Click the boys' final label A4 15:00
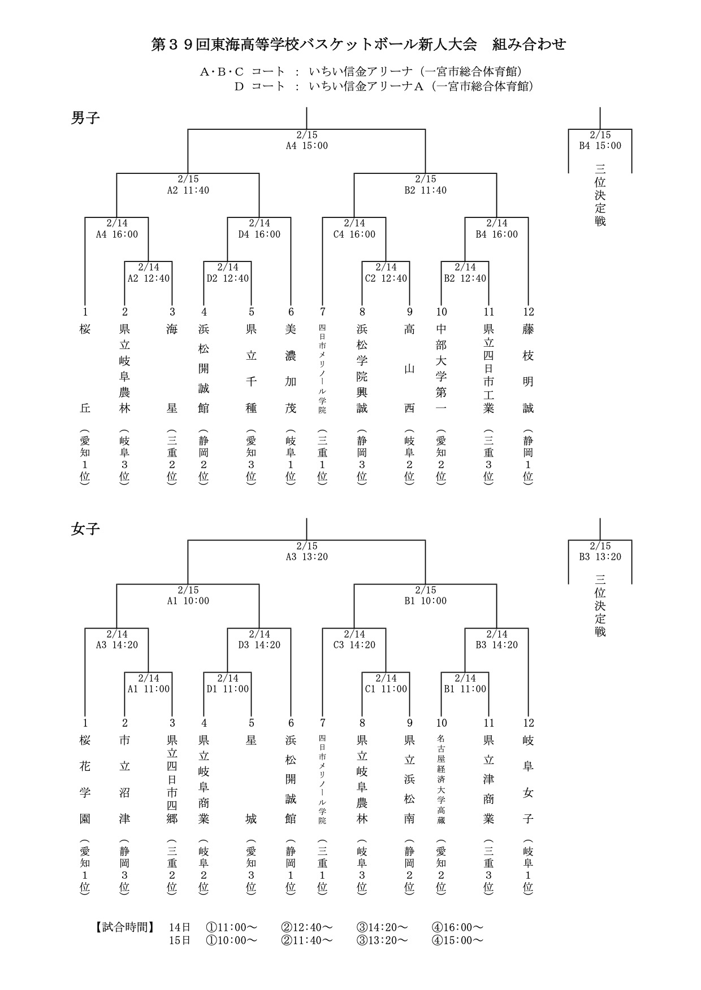[306, 146]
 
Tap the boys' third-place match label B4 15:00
[600, 146]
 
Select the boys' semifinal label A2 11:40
[188, 190]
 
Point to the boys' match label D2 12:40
[227, 278]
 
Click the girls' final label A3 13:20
[306, 557]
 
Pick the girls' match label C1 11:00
[386, 689]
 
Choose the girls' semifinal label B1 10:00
[425, 601]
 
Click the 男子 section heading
[85, 118]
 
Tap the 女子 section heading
[85, 529]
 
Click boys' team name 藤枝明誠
[528, 368]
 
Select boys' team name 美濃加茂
[291, 368]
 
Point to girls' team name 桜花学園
[85, 779]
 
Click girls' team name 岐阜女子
[528, 779]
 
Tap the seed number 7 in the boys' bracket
[322, 312]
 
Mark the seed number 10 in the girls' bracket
[441, 723]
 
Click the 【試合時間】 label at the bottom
[124, 927]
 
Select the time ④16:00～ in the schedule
[457, 927]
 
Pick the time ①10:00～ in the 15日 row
[231, 940]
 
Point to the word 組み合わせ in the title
[529, 45]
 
